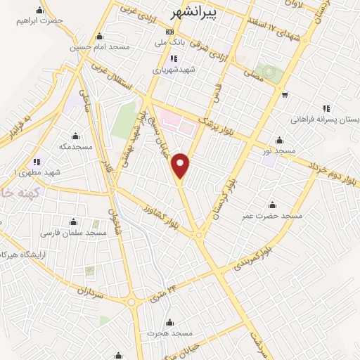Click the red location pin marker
point(181,165)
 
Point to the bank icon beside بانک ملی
point(169,32)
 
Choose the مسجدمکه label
point(76,147)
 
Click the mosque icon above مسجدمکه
point(76,136)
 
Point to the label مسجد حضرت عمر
point(274,216)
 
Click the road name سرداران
point(89,292)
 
